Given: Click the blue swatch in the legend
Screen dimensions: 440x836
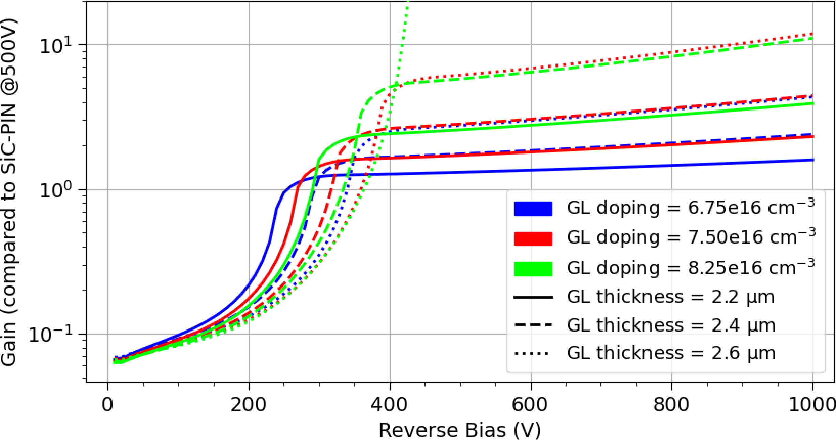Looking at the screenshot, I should coord(533,209).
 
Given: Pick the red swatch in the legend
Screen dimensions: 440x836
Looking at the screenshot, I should coord(533,238).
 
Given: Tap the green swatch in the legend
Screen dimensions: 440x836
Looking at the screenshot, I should coord(533,269).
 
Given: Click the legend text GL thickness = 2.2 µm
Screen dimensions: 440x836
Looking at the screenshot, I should coord(670,297).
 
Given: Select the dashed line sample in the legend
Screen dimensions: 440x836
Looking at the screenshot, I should coord(533,325).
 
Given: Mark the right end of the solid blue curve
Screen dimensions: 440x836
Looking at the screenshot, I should coord(812,160).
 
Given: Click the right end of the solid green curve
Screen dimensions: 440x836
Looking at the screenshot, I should coord(812,103).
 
